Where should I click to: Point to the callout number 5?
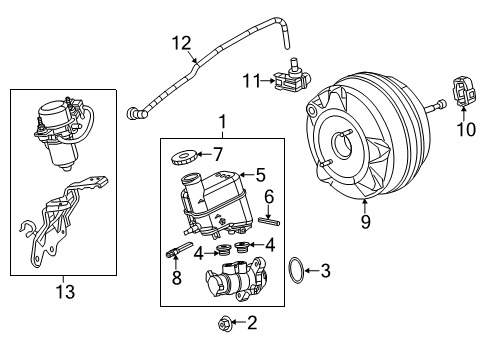[x=259, y=175]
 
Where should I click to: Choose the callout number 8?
[x=176, y=279]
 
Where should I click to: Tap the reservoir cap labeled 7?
[x=183, y=155]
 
